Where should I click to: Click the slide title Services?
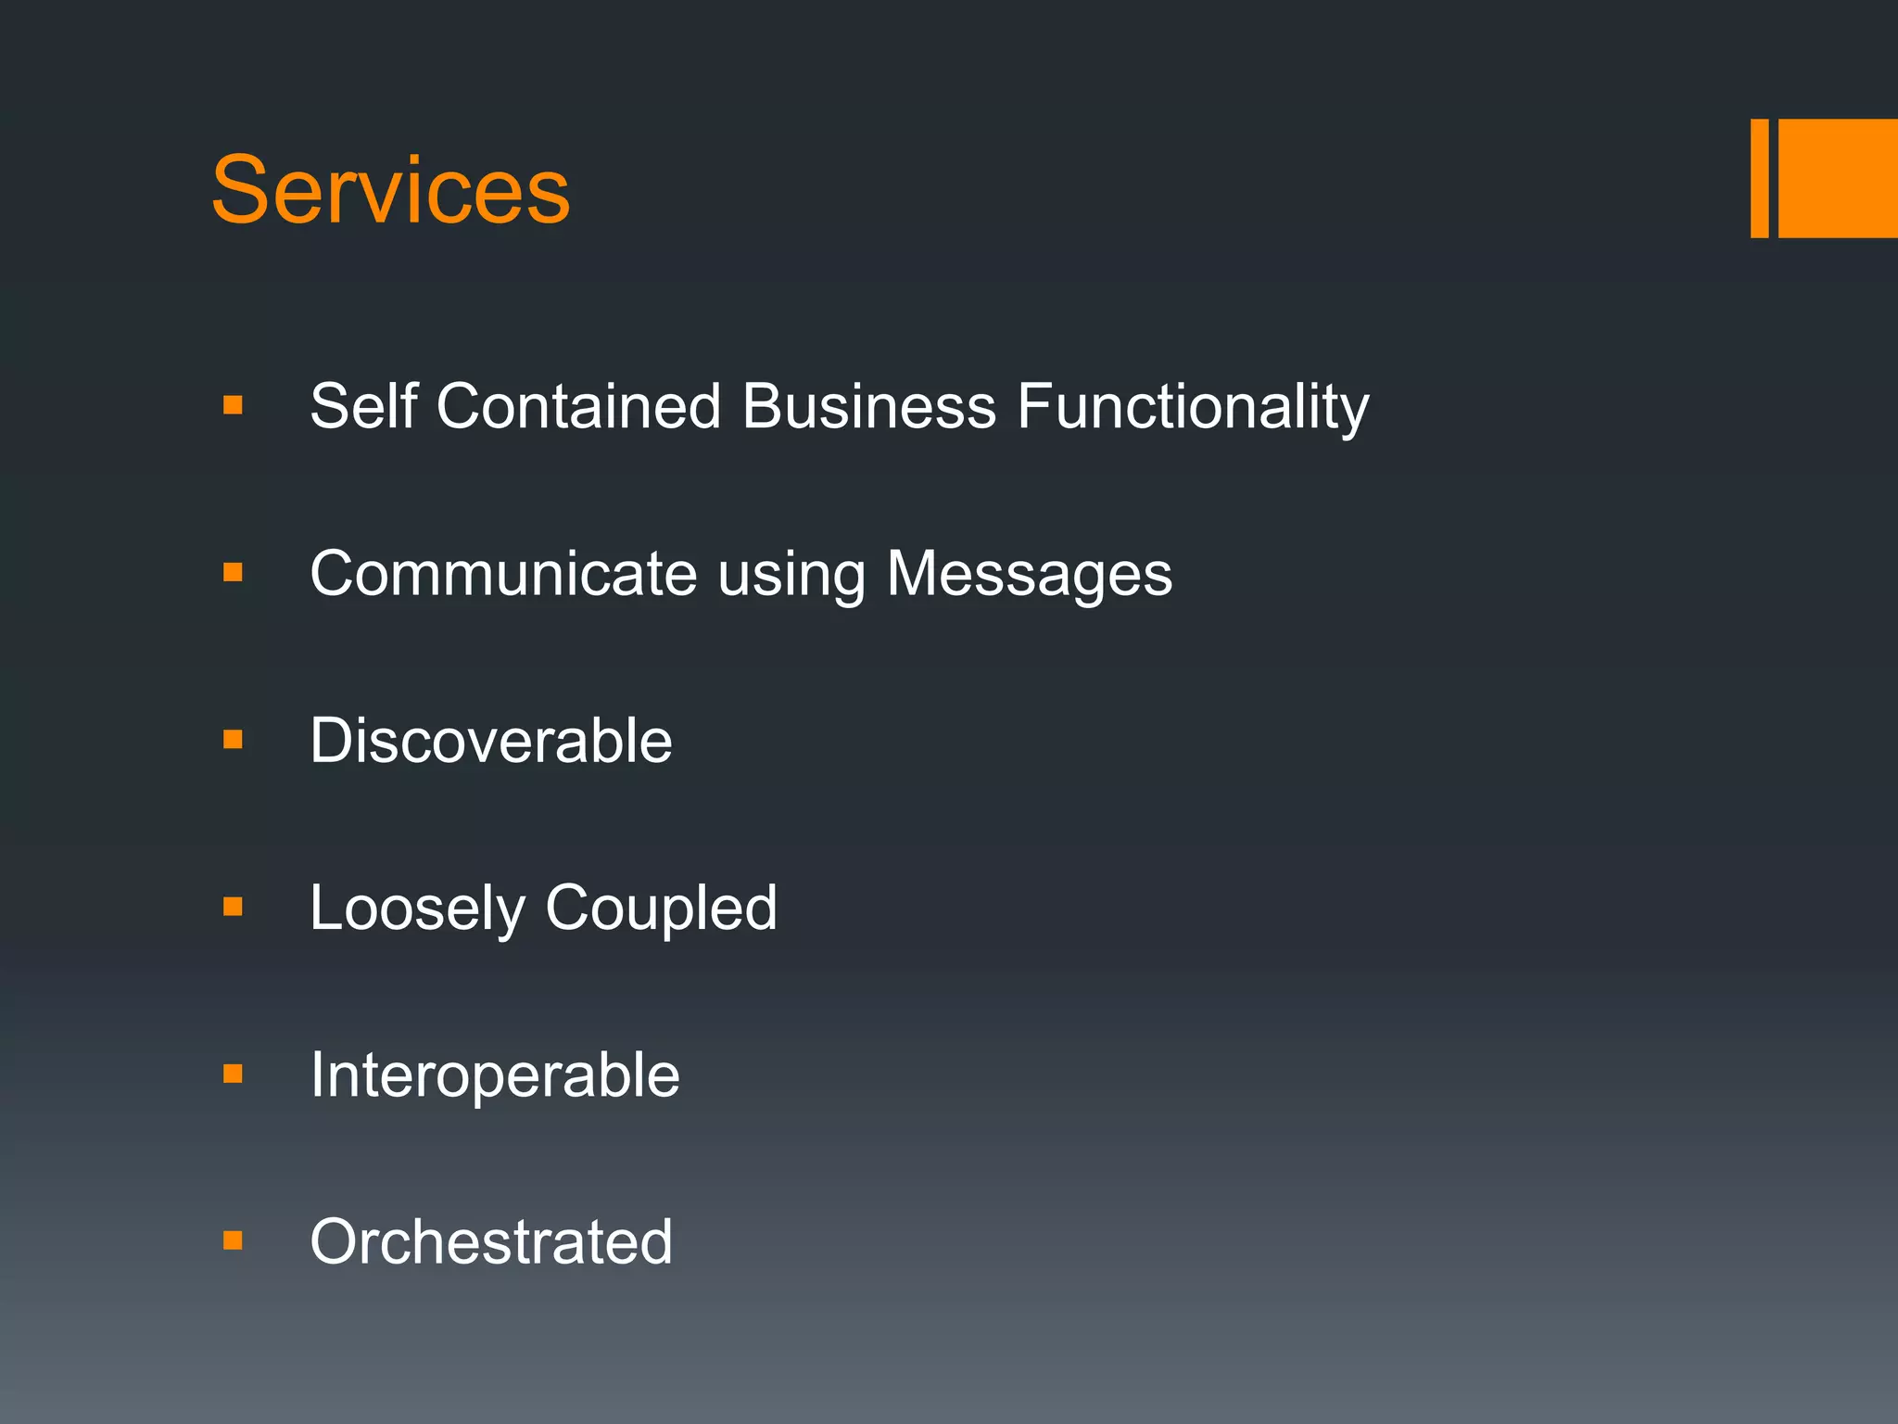tap(390, 190)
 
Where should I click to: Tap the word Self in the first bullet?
tap(363, 406)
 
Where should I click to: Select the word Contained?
tap(578, 406)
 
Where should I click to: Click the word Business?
tap(868, 406)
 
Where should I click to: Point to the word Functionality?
tap(1192, 408)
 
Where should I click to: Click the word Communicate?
tap(503, 574)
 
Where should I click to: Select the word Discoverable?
tap(491, 741)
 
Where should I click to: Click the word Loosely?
tap(417, 909)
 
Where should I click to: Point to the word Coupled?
tap(661, 909)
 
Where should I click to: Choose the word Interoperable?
tap(495, 1075)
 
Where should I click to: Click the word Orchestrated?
tap(491, 1242)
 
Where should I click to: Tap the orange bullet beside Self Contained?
tap(233, 405)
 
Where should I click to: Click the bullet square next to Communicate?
tap(233, 573)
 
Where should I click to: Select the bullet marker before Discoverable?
tap(233, 740)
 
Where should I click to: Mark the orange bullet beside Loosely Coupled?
tap(233, 907)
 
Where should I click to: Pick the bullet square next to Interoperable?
tap(233, 1074)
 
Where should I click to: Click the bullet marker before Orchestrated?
tap(233, 1240)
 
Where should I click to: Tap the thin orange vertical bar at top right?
tap(1759, 178)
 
